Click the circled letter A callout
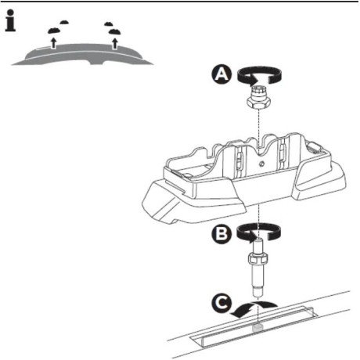click(221, 74)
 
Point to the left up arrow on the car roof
click(53, 44)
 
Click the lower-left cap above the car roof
click(53, 31)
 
